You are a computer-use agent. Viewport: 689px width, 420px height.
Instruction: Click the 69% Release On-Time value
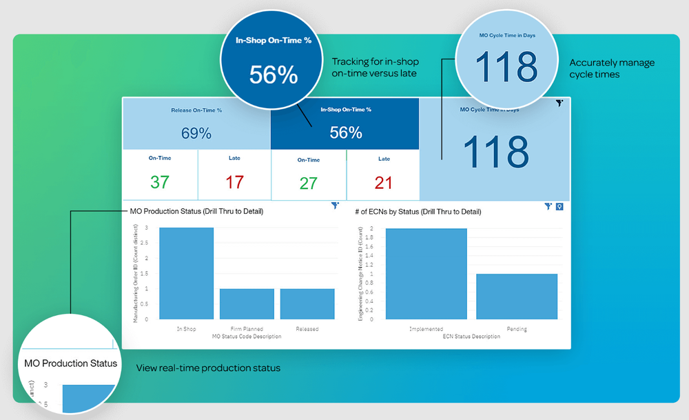[x=196, y=133]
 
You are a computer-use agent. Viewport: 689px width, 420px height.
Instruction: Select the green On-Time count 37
[x=160, y=182]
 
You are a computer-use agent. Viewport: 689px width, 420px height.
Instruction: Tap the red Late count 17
[x=234, y=182]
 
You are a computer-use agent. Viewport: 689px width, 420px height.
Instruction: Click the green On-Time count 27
[x=308, y=183]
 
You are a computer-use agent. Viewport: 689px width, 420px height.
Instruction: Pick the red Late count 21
[x=383, y=183]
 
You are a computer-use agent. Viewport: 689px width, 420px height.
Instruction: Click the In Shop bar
[x=186, y=273]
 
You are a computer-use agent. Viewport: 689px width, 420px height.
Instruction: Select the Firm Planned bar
[x=247, y=303]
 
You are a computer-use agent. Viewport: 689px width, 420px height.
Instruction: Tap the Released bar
[x=307, y=303]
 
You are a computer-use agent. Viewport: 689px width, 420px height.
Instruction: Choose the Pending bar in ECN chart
[x=516, y=297]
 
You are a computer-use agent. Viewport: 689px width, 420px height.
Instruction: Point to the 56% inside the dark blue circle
[x=273, y=74]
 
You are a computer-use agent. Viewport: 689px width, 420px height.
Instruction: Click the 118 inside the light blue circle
[x=506, y=67]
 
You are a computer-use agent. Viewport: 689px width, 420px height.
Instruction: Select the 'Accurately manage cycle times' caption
[x=612, y=68]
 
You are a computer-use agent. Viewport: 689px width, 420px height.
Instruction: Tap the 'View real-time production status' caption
[x=207, y=368]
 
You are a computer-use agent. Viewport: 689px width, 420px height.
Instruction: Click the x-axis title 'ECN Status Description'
[x=471, y=337]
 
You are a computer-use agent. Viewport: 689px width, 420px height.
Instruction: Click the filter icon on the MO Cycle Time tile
[x=559, y=103]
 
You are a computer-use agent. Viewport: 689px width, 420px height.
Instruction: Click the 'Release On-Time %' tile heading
[x=196, y=110]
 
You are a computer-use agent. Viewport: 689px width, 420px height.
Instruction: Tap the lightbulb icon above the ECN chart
[x=559, y=206]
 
